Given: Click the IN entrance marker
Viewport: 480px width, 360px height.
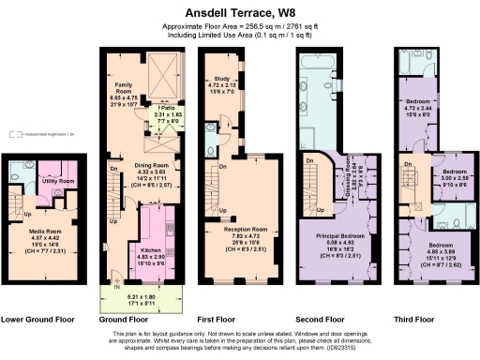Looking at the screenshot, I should (x=117, y=285).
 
